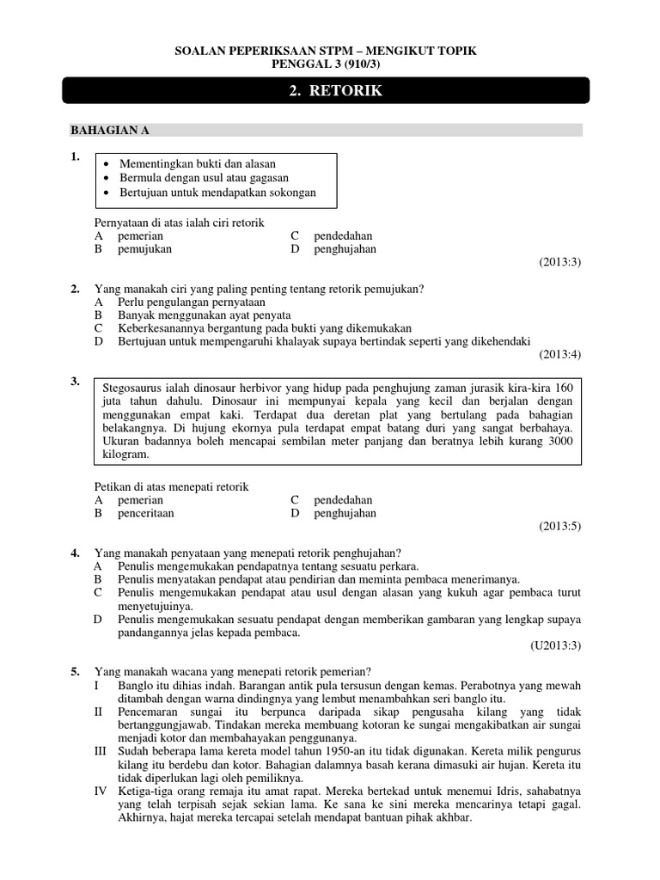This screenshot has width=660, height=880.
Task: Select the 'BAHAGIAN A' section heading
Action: tap(110, 130)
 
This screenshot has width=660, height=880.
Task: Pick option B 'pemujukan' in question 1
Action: tap(145, 249)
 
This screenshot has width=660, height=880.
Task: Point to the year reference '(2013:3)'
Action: tap(560, 261)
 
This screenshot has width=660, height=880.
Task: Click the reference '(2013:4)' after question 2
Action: tap(560, 353)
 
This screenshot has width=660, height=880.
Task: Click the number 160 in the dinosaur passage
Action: tap(564, 386)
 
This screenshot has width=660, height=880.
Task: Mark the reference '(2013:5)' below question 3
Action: tap(560, 525)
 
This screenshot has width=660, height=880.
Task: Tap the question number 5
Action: tap(75, 671)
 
